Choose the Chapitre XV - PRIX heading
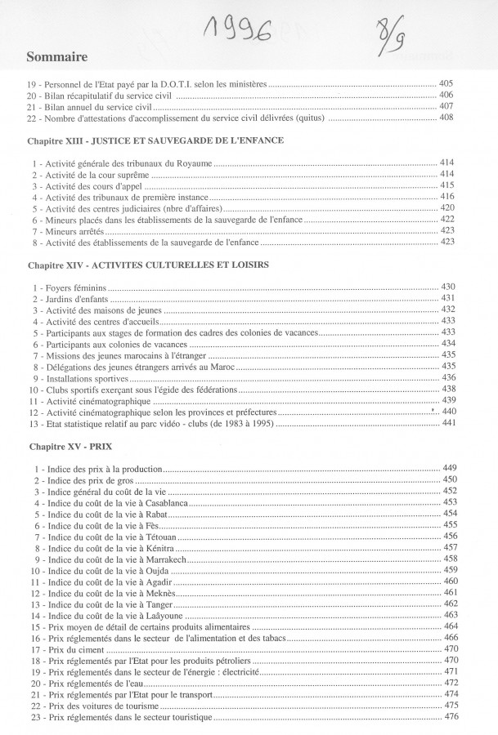tap(71, 448)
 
